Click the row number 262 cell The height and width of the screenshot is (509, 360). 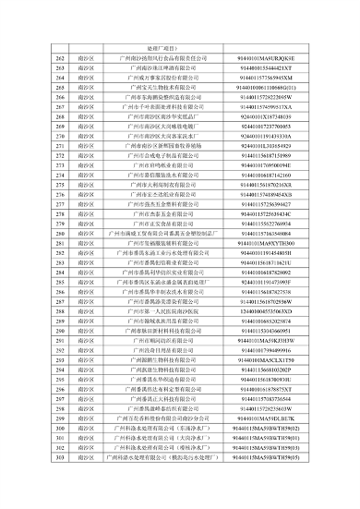coord(60,57)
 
